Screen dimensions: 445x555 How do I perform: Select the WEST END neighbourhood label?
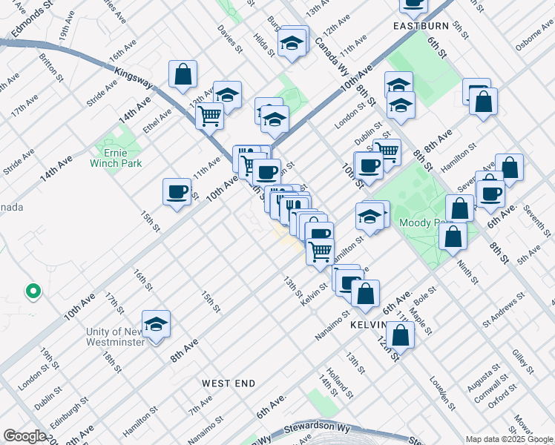click(x=229, y=383)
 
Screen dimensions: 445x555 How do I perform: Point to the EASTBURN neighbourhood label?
click(x=420, y=25)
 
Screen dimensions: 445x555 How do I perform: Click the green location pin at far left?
click(x=33, y=291)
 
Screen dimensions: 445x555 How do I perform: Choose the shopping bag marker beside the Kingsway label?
click(x=183, y=74)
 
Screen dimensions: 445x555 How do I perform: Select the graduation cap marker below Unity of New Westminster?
click(x=156, y=324)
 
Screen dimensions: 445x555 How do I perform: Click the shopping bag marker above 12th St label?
click(x=401, y=334)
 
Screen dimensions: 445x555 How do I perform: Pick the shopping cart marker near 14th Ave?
click(x=210, y=115)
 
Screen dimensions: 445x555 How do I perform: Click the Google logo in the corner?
click(x=24, y=436)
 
